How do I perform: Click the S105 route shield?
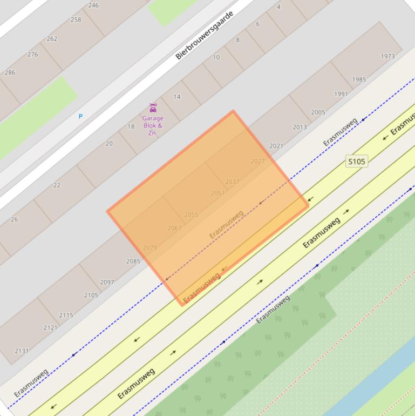356,161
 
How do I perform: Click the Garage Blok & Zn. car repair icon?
153,108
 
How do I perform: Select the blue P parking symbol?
80,116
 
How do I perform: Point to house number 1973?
387,56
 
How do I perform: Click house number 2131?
21,351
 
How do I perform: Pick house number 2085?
133,261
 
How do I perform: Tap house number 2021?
276,146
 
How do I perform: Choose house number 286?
10,72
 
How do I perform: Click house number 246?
93,5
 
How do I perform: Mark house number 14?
177,97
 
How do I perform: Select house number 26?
14,219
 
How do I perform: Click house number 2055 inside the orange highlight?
191,214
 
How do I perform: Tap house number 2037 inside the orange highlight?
232,182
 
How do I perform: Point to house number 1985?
359,79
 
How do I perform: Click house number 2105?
91,295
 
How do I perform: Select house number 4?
278,7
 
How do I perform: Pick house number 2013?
300,128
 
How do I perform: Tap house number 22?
57,185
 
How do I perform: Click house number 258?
76,19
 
